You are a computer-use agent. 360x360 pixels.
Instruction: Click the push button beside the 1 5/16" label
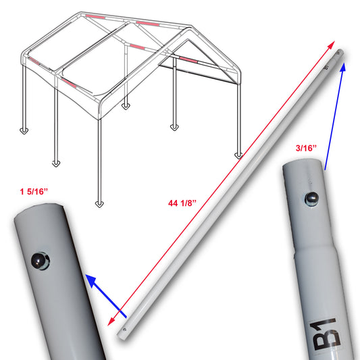click(40, 259)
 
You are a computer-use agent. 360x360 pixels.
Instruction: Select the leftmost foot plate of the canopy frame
click(26, 130)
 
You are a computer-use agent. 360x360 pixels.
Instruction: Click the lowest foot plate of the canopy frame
click(101, 202)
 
